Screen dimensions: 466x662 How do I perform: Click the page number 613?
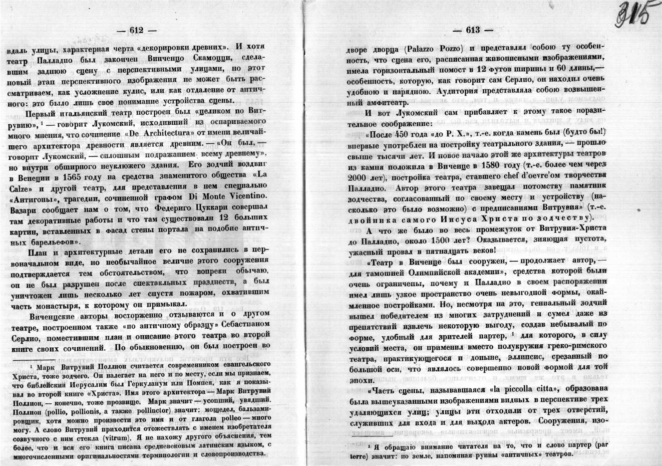[472, 31]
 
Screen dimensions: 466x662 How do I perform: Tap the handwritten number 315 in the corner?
[633, 12]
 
